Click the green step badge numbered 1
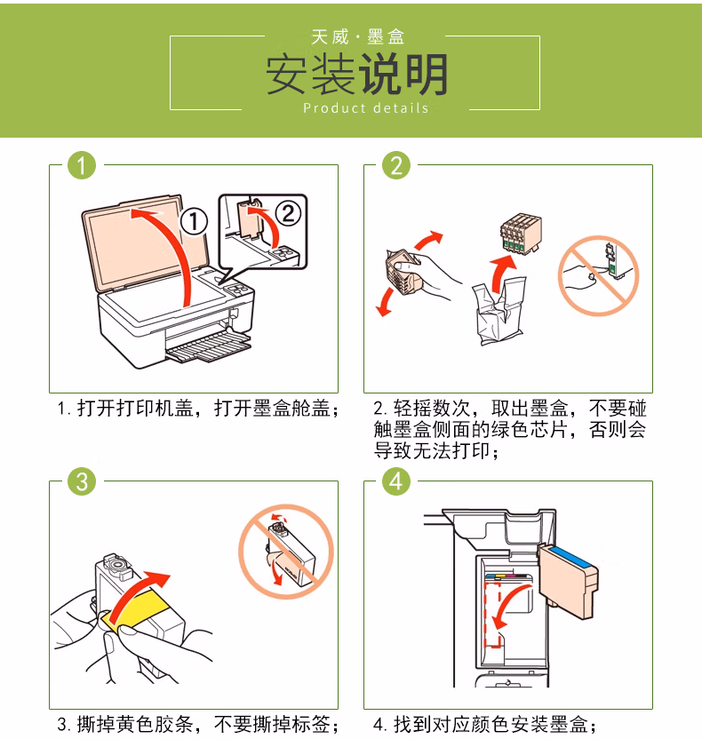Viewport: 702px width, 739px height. tap(82, 165)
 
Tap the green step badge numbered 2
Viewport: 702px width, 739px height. tap(396, 165)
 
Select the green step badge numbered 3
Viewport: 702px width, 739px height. tap(82, 481)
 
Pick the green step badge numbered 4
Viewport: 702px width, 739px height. tap(396, 481)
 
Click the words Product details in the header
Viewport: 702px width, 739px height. tap(366, 108)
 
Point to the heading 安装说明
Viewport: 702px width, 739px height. tap(357, 75)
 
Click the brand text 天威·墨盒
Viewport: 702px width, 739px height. tap(358, 36)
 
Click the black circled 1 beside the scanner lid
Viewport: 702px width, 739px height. tap(194, 221)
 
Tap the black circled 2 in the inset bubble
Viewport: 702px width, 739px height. tap(288, 213)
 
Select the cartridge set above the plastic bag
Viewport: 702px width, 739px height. tap(521, 234)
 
